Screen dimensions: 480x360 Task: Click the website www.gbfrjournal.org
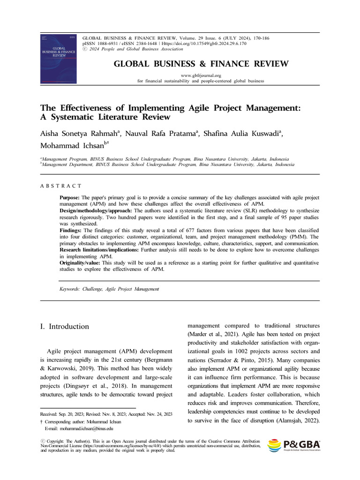tap(200, 75)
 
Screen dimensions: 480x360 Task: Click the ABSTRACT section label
tap(61, 186)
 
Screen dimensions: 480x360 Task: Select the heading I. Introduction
tap(64, 326)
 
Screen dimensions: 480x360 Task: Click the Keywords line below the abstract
tap(109, 289)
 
